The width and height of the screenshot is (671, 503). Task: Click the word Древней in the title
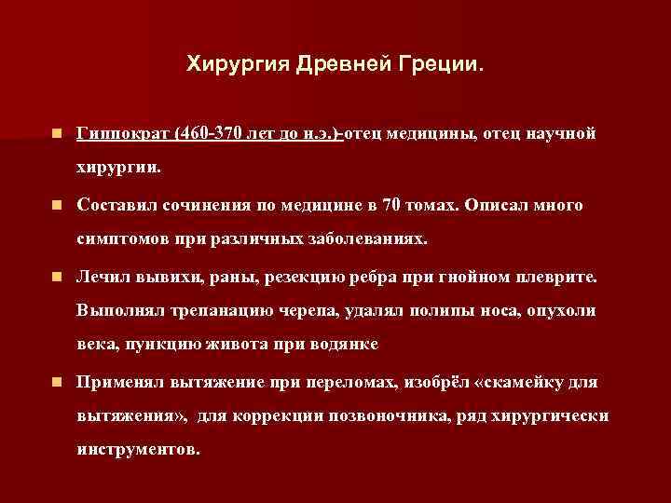[x=335, y=65]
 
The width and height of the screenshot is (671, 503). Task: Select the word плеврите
[x=558, y=277]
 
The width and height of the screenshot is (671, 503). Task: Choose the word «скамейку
[x=517, y=382]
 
